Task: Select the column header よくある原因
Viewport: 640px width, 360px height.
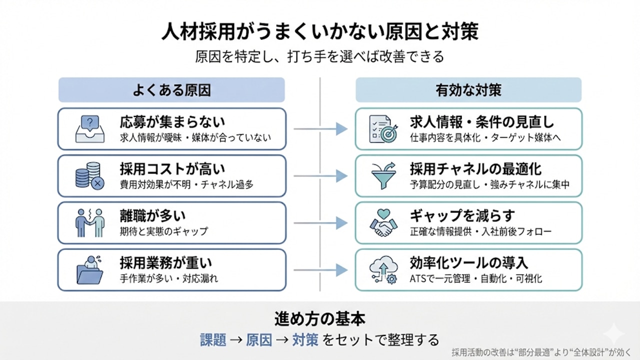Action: (171, 90)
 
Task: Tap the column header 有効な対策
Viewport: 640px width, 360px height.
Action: (468, 90)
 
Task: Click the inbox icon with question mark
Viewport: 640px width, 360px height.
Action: (89, 129)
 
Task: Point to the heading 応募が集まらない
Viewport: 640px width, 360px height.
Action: (172, 122)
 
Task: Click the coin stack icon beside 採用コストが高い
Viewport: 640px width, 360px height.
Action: (89, 176)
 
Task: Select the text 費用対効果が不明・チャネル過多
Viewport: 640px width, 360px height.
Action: (186, 184)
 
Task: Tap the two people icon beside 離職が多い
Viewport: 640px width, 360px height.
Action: (89, 223)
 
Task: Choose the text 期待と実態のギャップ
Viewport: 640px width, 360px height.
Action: (163, 231)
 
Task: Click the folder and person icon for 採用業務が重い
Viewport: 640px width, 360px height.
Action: (89, 270)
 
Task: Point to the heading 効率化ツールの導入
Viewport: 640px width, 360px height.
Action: (469, 262)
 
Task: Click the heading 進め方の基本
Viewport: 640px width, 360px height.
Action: (320, 319)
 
